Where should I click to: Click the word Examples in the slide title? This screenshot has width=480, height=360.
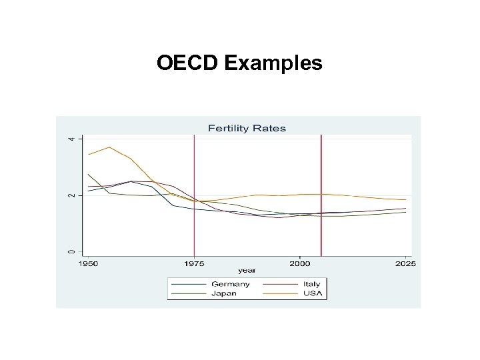[x=273, y=64]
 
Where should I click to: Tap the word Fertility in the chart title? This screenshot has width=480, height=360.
[x=231, y=128]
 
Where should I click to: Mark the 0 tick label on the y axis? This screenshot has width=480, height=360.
[x=72, y=251]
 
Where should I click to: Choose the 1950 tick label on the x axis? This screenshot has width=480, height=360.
[x=88, y=264]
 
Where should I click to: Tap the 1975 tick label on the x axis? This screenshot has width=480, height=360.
[x=194, y=264]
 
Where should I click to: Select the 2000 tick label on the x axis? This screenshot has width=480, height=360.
[x=299, y=264]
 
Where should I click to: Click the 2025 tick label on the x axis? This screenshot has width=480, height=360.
[x=405, y=264]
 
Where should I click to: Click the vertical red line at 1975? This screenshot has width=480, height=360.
[x=194, y=200]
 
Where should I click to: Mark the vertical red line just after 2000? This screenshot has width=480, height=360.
[x=321, y=200]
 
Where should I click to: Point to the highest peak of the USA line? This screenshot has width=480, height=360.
[x=109, y=147]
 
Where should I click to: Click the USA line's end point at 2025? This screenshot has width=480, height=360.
[x=405, y=200]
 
